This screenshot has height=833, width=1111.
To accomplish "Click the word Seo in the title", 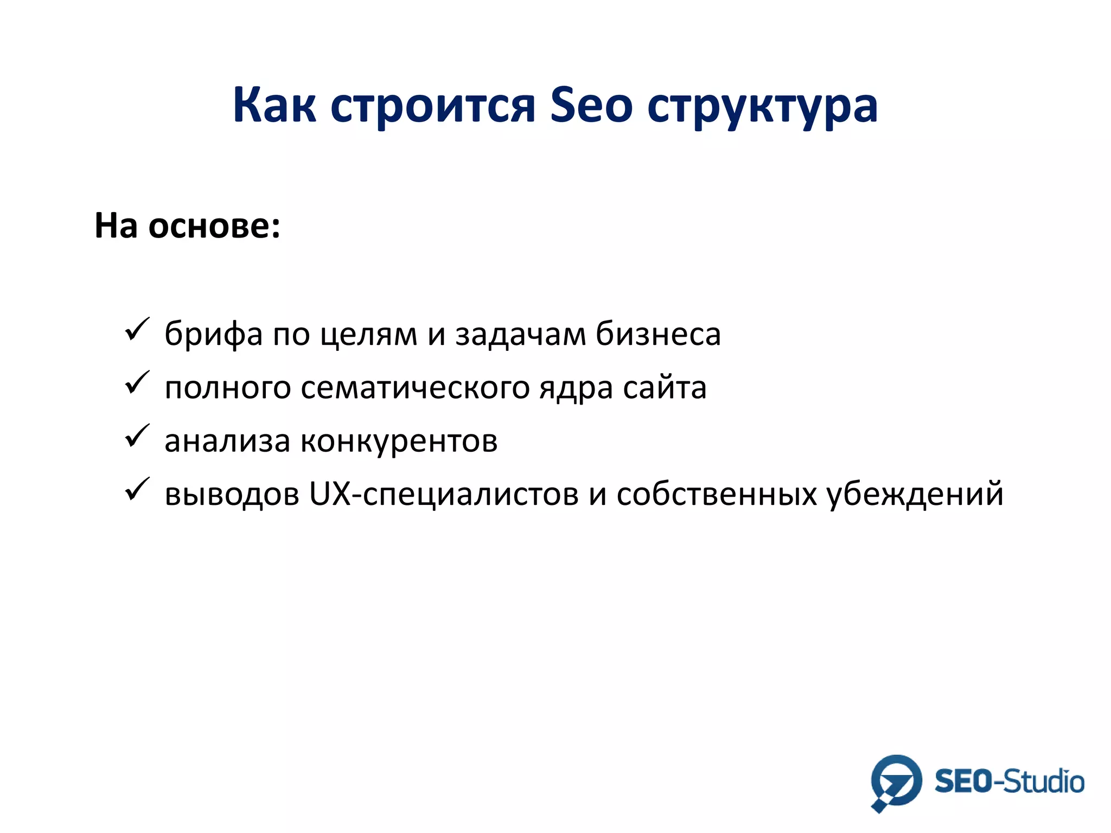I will [x=591, y=105].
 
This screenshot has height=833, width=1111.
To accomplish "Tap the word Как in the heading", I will [x=274, y=105].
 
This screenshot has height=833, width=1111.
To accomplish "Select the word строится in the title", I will [x=433, y=105].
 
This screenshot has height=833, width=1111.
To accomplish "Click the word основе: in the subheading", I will [x=214, y=226].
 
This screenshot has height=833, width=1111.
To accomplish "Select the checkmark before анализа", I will [x=137, y=436].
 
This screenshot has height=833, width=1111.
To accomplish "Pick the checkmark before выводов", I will [x=137, y=489].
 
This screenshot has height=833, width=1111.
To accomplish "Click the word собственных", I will [x=717, y=494].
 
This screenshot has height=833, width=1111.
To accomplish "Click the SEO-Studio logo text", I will [x=1009, y=781].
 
